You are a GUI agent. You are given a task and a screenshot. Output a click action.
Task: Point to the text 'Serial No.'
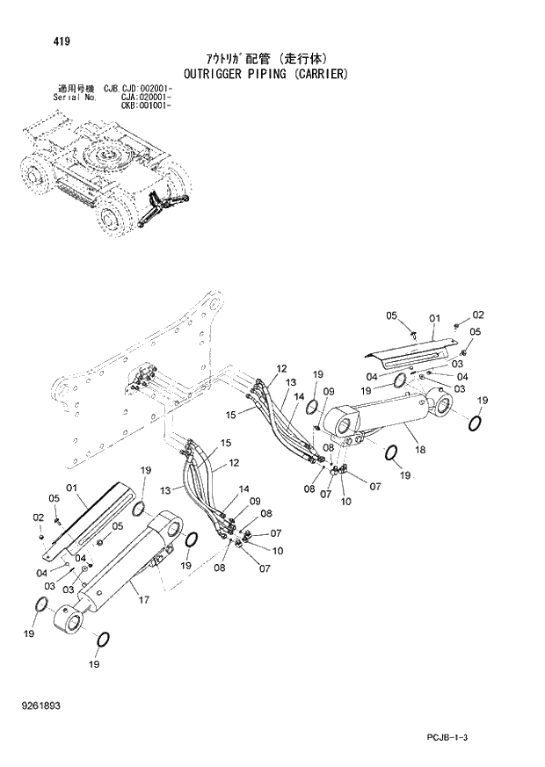pyautogui.click(x=73, y=98)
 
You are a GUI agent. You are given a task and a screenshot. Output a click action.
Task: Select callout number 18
pyautogui.click(x=419, y=451)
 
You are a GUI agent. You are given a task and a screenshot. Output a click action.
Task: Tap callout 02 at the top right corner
pyautogui.click(x=478, y=315)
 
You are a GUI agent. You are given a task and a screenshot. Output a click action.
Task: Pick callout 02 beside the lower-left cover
pyautogui.click(x=38, y=517)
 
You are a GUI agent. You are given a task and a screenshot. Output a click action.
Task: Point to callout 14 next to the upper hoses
pyautogui.click(x=299, y=396)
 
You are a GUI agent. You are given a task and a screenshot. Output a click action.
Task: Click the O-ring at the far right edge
pyautogui.click(x=476, y=423)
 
